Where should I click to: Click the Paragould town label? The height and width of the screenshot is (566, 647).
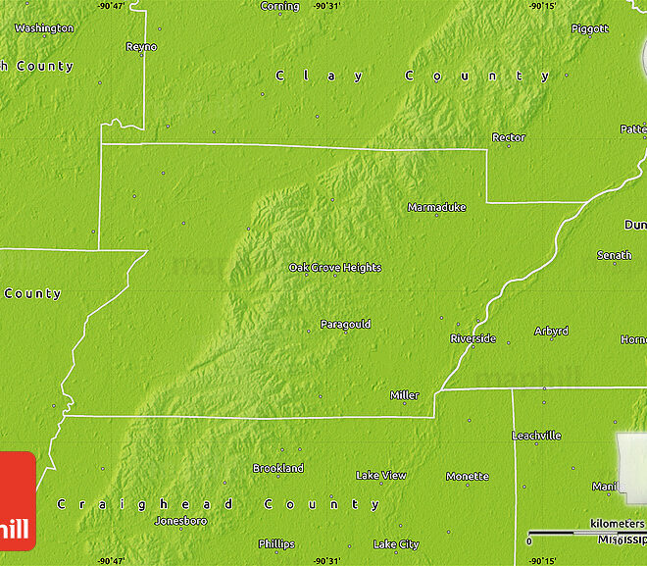[345, 325]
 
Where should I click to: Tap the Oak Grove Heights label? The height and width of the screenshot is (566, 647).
[334, 268]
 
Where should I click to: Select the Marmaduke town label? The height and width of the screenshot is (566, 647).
[436, 208]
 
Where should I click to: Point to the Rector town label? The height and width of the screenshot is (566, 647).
[509, 138]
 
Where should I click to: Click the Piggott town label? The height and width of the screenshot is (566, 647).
[589, 29]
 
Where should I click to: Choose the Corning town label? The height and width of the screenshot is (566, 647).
[279, 7]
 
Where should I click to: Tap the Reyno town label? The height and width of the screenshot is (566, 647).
[141, 47]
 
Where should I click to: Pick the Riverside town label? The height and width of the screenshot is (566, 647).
[473, 339]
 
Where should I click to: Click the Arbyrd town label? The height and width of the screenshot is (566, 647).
[551, 332]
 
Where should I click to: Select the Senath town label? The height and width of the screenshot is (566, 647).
[615, 256]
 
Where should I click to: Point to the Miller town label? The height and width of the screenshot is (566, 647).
[404, 396]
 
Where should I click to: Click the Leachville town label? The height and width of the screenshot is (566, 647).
[537, 436]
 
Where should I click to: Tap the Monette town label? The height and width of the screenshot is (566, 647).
[467, 477]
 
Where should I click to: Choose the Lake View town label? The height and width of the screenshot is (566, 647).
[380, 476]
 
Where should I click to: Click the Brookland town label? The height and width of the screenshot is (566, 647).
[278, 469]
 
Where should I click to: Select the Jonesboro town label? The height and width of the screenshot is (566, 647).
[180, 521]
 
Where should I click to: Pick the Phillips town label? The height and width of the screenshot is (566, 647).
[276, 543]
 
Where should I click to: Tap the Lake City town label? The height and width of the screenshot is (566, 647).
[396, 544]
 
